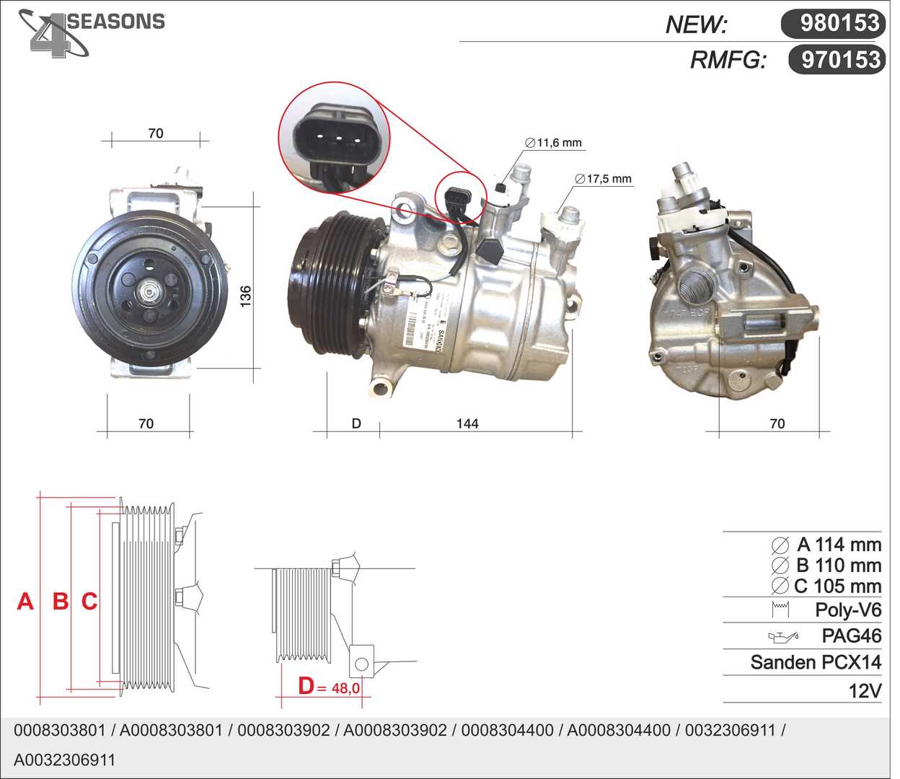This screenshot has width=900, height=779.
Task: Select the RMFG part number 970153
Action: [841, 59]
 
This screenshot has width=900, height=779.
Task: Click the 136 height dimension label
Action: [245, 296]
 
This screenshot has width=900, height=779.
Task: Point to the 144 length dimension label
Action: [467, 423]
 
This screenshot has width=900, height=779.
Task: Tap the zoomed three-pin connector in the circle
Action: [334, 138]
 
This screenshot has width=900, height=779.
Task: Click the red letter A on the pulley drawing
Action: [25, 601]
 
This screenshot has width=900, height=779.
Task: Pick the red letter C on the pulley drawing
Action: [89, 601]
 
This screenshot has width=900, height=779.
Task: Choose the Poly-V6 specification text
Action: [847, 610]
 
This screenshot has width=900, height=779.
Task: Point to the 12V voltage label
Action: [865, 691]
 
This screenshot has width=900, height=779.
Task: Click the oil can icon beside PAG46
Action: [783, 637]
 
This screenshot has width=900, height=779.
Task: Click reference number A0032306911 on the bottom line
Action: [64, 760]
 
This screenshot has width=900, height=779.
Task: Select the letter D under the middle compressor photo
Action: [356, 423]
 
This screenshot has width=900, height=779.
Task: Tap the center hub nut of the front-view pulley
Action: [150, 292]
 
